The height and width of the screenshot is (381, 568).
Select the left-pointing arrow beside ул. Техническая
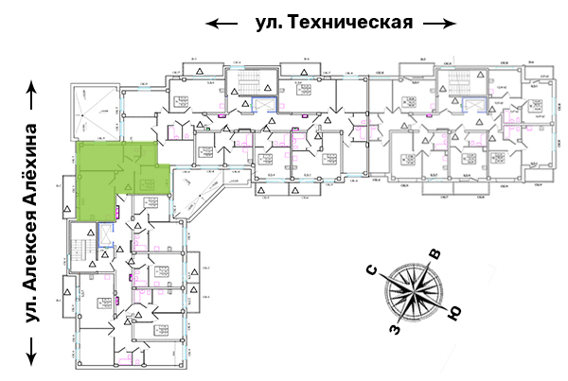pos(223,23)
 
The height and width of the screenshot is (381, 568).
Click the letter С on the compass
pos(376,272)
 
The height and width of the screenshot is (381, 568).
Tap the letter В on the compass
pos(435,254)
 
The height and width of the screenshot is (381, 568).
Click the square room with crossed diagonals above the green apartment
pos(95,111)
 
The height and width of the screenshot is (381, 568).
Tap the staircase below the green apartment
pos(81,247)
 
